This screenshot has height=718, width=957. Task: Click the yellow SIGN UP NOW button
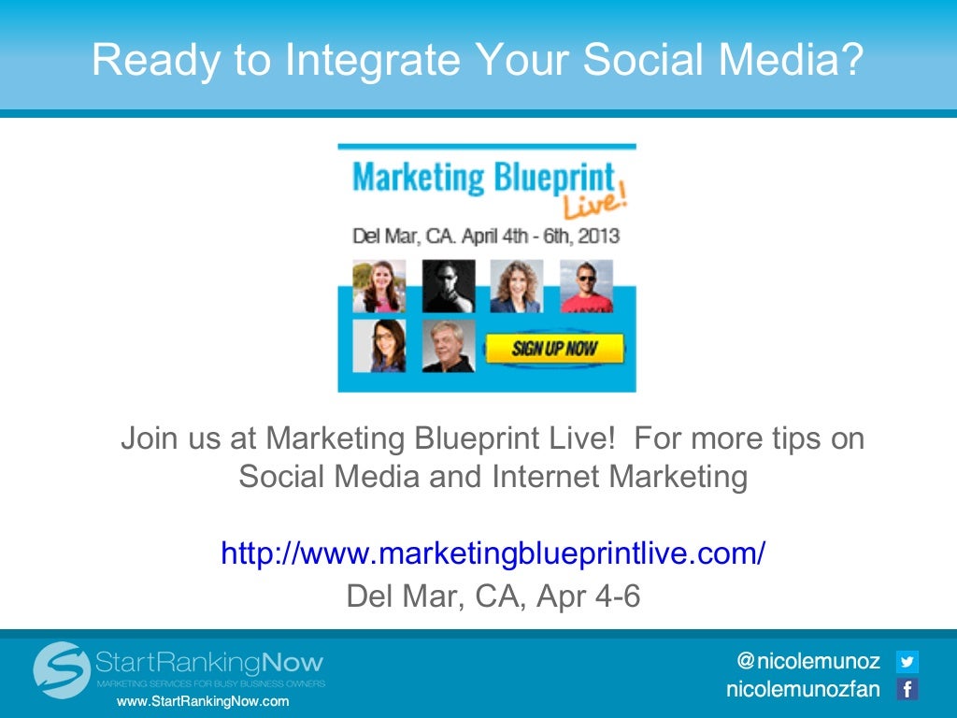(x=553, y=350)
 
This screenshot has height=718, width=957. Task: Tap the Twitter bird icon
(x=907, y=662)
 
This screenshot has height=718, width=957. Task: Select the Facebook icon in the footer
(x=907, y=690)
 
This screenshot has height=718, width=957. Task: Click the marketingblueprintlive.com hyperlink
(x=493, y=553)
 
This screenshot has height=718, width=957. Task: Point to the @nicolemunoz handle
(x=808, y=662)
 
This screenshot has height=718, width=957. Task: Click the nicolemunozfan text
(x=803, y=690)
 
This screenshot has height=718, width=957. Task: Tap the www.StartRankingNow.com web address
(x=202, y=701)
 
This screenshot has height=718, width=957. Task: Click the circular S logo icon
(x=62, y=669)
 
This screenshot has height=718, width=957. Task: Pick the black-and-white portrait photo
(x=449, y=286)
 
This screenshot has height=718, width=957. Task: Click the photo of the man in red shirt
(x=586, y=286)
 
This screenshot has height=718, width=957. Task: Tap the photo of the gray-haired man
(x=449, y=347)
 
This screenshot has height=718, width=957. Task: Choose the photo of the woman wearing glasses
(x=379, y=347)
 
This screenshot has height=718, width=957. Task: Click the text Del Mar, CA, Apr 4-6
(x=493, y=596)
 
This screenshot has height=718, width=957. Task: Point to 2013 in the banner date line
(x=598, y=236)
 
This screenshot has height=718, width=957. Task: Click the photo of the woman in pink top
(x=379, y=286)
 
